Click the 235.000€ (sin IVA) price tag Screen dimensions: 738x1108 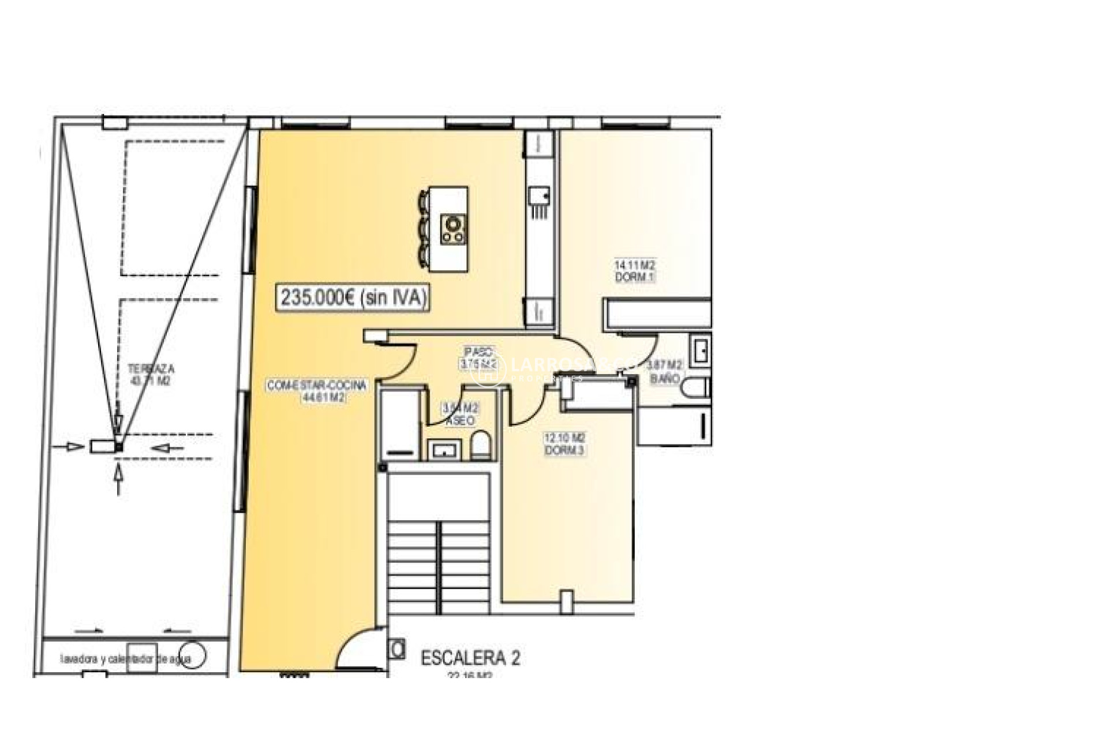(354, 298)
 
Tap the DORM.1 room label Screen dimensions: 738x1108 (635, 277)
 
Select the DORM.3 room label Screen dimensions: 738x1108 (564, 450)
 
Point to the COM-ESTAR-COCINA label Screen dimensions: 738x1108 (316, 386)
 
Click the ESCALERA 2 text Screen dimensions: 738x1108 (470, 658)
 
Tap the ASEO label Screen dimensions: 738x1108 (460, 421)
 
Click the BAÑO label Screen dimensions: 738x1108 (665, 379)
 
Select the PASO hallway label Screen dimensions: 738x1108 (479, 352)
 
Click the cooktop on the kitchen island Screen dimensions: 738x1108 (454, 229)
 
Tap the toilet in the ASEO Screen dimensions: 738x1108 (480, 446)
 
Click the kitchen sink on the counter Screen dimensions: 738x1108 (539, 197)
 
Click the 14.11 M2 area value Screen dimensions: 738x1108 (635, 265)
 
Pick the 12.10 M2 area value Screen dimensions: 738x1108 (564, 438)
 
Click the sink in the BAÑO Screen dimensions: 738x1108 (701, 351)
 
